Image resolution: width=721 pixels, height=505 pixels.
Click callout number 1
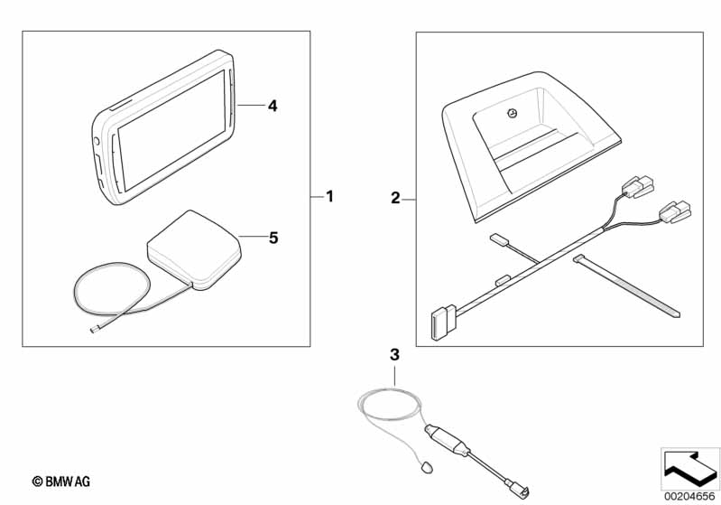click(x=329, y=197)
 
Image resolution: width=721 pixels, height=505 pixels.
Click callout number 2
click(x=395, y=199)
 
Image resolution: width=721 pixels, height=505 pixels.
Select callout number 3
click(x=394, y=355)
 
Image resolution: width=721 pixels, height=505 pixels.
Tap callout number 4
click(x=273, y=106)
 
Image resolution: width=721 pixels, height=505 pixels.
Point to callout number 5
click(x=273, y=238)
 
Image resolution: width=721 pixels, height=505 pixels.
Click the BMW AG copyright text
click(x=61, y=482)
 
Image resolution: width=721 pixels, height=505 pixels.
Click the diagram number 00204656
click(x=690, y=497)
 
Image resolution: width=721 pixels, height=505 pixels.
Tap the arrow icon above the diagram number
click(x=690, y=469)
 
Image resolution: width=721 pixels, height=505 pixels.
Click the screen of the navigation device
click(x=171, y=131)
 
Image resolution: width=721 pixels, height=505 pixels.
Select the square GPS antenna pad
click(x=194, y=250)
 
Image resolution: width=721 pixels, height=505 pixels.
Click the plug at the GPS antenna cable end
click(x=95, y=329)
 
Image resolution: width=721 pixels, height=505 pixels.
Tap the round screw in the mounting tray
click(x=513, y=112)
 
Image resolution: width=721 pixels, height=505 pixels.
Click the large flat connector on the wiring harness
click(x=443, y=323)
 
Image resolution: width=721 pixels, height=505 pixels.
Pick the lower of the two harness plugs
click(x=675, y=212)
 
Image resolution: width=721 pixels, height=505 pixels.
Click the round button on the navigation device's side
click(x=97, y=141)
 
